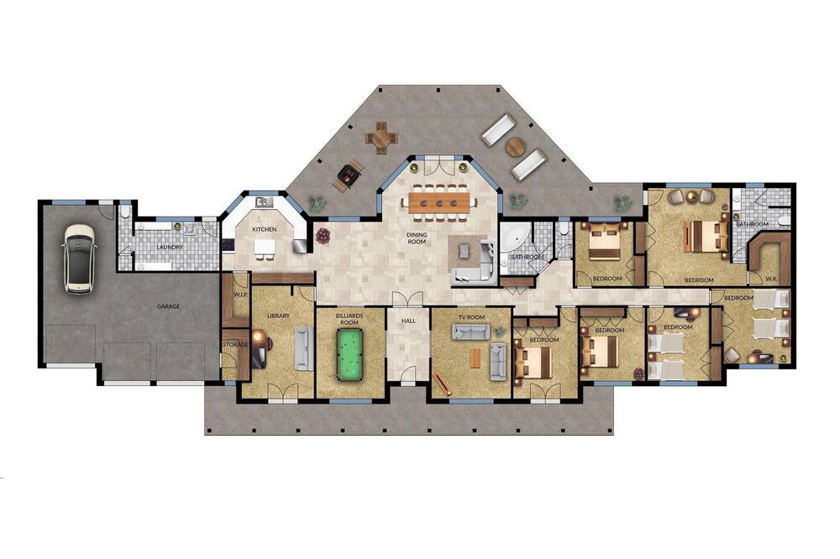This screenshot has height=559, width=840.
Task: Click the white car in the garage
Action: click(x=79, y=259)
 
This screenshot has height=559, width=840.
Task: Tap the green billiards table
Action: click(x=349, y=354)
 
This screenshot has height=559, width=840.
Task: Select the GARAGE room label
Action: click(x=168, y=307)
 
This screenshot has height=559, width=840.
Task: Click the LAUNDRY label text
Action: click(x=170, y=248)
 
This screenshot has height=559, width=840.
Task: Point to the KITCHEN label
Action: click(x=264, y=229)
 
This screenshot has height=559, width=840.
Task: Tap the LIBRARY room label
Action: click(x=278, y=316)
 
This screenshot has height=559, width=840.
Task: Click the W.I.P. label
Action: click(x=239, y=295)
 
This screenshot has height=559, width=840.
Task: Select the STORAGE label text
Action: click(x=235, y=344)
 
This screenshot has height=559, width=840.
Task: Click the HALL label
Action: click(x=408, y=321)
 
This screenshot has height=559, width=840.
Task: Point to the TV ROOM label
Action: click(x=471, y=317)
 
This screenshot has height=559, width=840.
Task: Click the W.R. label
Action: click(x=771, y=279)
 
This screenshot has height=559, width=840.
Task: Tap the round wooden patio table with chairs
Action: click(x=382, y=138)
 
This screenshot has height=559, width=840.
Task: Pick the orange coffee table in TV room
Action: click(x=475, y=358)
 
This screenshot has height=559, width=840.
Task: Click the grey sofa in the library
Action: click(x=304, y=348)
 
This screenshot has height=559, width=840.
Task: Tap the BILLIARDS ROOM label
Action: click(x=349, y=319)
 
